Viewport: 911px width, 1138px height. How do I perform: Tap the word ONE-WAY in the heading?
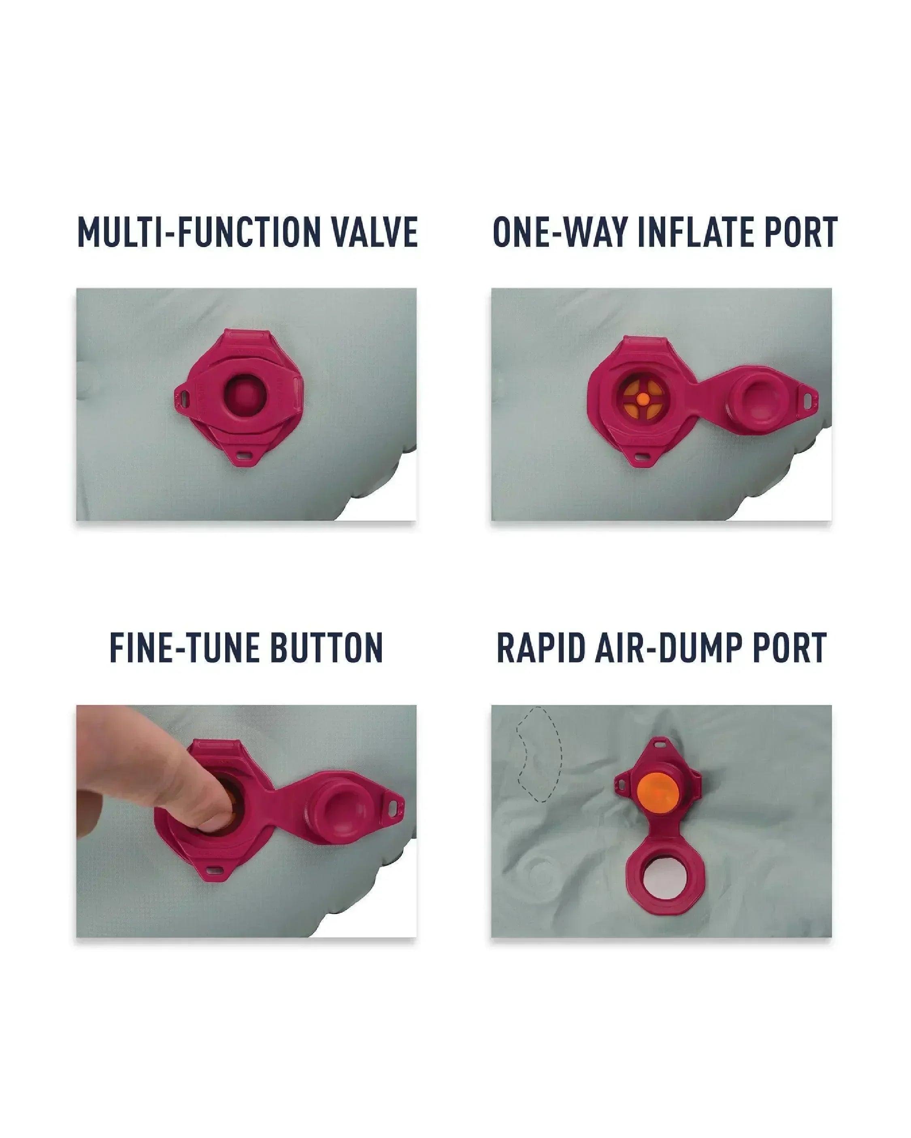point(560,232)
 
